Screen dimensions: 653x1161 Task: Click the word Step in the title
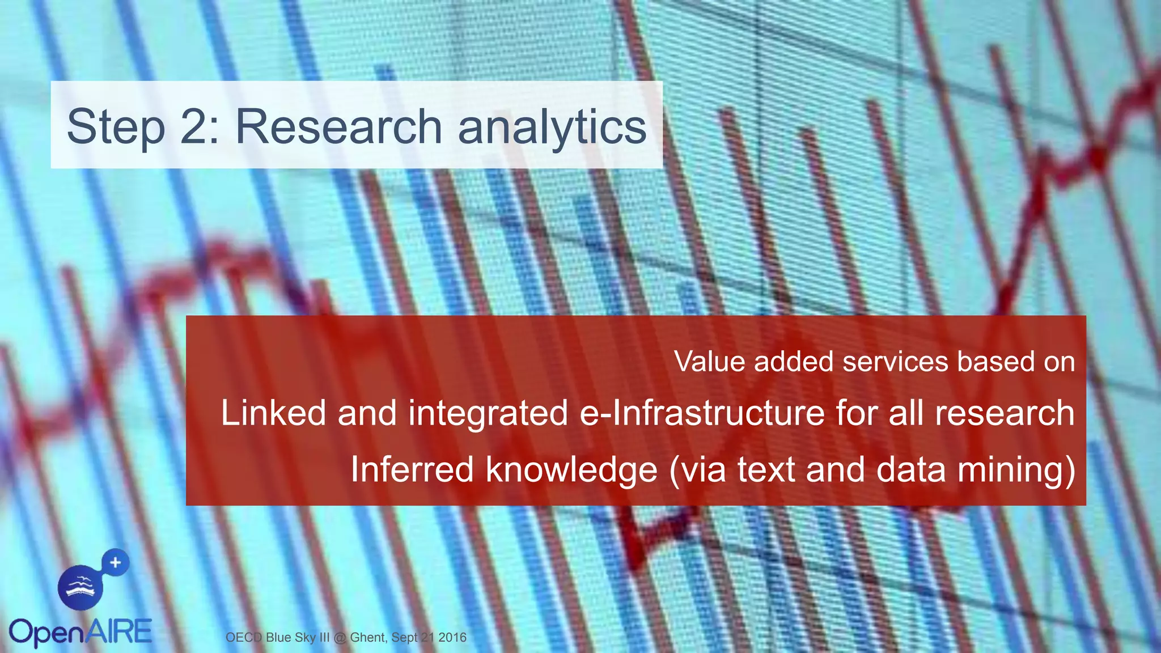pyautogui.click(x=116, y=127)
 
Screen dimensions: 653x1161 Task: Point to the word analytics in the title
pyautogui.click(x=552, y=127)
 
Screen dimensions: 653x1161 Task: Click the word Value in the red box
pyautogui.click(x=709, y=362)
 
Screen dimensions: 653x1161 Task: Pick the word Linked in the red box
pyautogui.click(x=273, y=413)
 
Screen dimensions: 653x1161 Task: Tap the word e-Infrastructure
pyautogui.click(x=702, y=413)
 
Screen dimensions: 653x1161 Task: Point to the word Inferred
pyautogui.click(x=412, y=469)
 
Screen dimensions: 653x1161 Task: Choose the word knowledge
pyautogui.click(x=571, y=470)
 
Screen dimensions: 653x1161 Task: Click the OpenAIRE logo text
pyautogui.click(x=80, y=633)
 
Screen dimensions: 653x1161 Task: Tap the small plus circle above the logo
pyautogui.click(x=116, y=563)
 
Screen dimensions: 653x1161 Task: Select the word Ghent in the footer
pyautogui.click(x=368, y=637)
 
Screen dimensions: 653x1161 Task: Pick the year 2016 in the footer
pyautogui.click(x=452, y=637)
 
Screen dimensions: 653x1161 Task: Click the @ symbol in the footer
pyautogui.click(x=340, y=638)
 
